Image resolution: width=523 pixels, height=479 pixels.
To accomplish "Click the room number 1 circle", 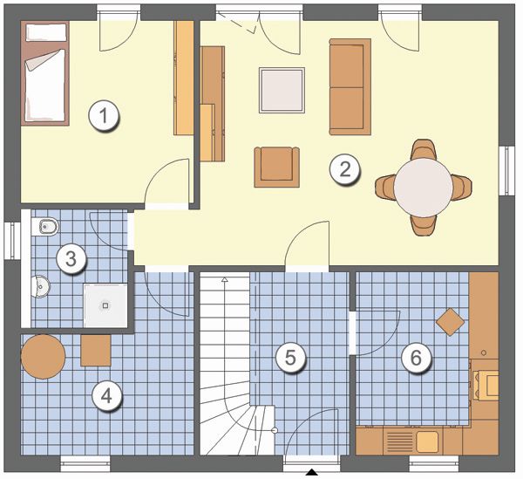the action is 104,117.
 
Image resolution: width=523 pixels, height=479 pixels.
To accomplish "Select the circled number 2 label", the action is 345,169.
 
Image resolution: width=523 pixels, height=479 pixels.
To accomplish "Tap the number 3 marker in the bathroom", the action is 71,259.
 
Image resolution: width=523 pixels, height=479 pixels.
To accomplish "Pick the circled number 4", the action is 106,396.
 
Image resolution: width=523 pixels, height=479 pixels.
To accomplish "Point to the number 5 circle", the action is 290,358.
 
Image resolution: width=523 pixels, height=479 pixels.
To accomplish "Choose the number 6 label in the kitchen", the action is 416,358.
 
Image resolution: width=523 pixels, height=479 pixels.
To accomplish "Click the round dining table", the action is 423,187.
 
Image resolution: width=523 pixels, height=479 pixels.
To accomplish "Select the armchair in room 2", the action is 277,167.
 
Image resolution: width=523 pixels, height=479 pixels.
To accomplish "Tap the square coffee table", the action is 282,90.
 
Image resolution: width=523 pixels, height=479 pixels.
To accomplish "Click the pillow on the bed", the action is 46,32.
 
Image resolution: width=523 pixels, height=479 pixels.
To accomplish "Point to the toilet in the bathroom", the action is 45,227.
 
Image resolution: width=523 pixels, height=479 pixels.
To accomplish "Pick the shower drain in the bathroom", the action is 105,305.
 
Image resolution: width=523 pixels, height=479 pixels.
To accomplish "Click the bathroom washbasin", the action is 40,286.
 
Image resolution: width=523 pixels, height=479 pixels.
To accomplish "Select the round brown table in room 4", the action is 43,357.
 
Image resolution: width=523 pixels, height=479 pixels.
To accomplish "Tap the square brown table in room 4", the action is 96,351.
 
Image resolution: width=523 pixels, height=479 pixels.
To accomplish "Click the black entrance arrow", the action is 311,472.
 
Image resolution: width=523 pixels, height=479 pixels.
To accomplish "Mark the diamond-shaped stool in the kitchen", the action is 451,322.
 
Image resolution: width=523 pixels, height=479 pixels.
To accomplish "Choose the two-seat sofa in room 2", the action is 350,86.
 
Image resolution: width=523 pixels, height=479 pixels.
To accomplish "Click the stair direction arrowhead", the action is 225,279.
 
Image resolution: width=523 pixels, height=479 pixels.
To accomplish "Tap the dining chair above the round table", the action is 424,149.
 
